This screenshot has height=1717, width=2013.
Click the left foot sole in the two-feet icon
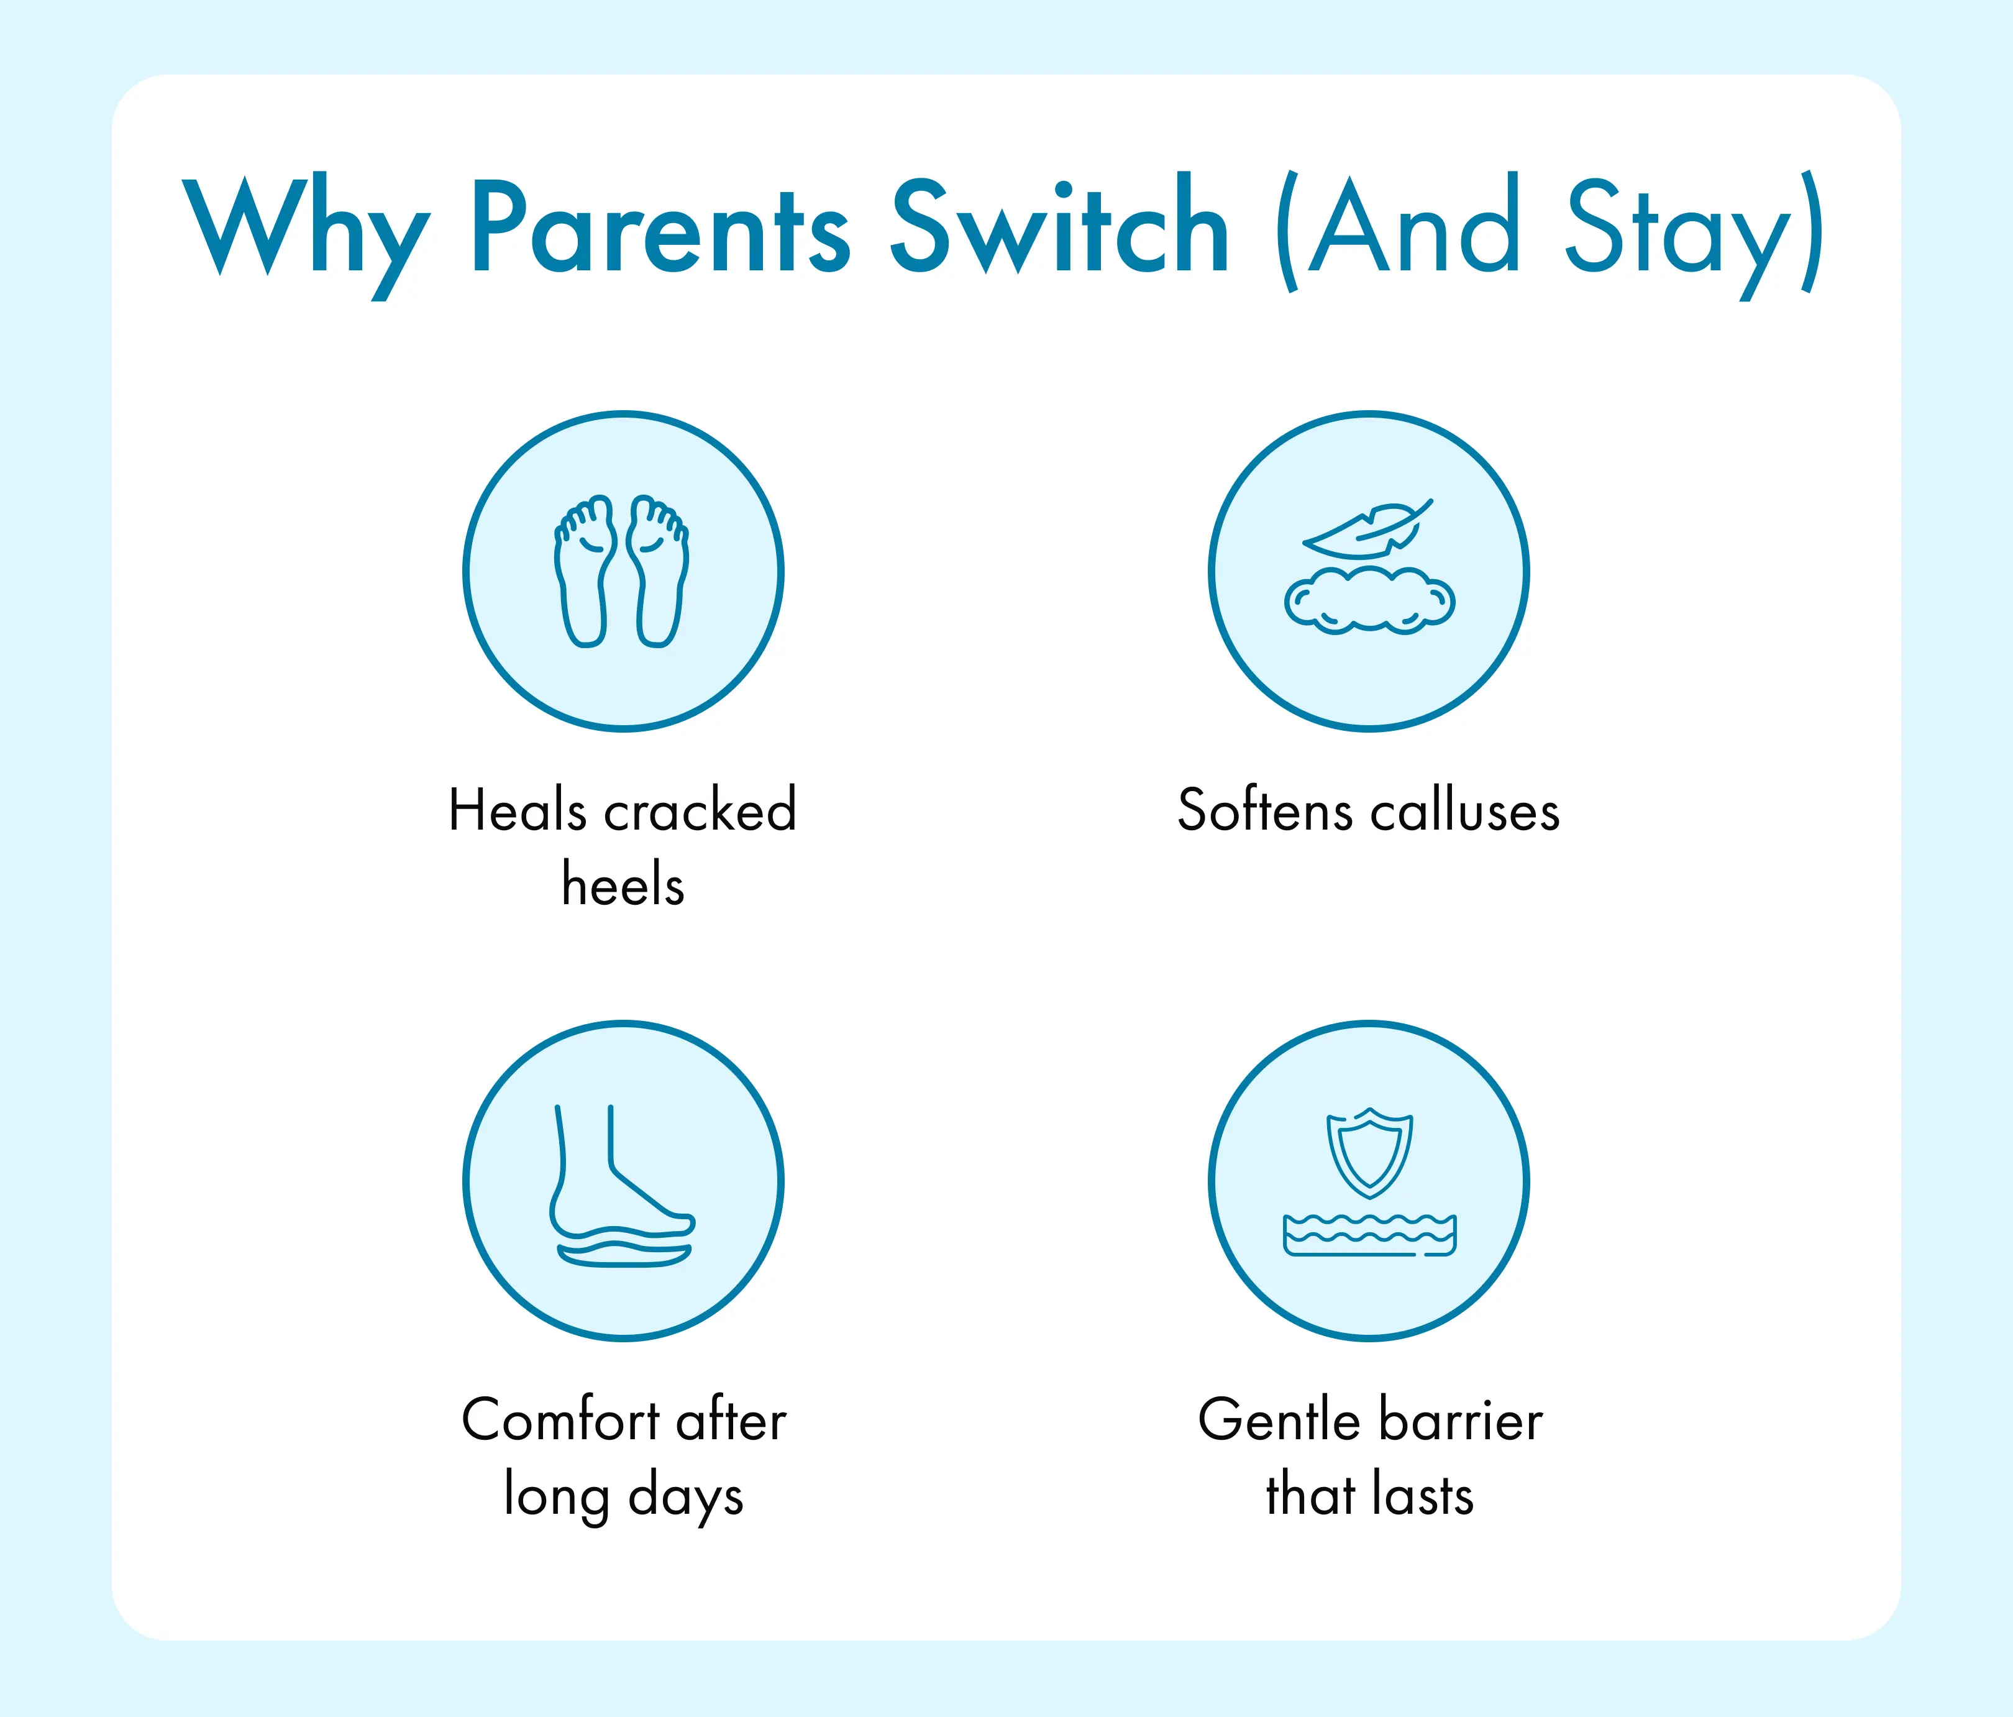click(586, 571)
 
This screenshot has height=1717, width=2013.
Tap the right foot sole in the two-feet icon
click(658, 571)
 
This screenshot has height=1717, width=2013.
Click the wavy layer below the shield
click(1370, 1235)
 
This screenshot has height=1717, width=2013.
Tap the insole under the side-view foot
click(624, 1255)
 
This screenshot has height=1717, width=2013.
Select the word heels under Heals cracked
click(623, 884)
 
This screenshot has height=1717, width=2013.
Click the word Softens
click(1264, 810)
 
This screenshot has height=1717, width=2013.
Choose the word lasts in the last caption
click(1423, 1495)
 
